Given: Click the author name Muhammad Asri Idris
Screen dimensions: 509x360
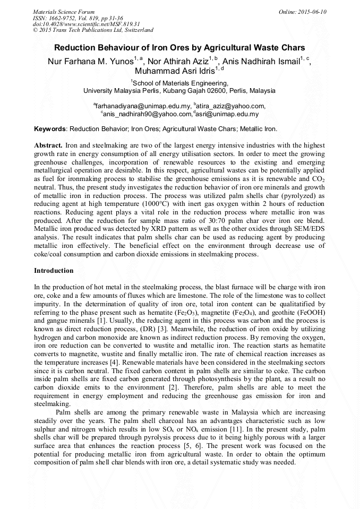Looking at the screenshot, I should [173, 72].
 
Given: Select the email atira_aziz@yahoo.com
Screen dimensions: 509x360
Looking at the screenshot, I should [231, 106].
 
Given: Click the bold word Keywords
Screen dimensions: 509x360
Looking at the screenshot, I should [50, 128].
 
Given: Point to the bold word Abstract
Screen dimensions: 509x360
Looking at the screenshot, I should [48, 145].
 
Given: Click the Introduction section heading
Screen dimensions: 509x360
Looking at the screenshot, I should [54, 271].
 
